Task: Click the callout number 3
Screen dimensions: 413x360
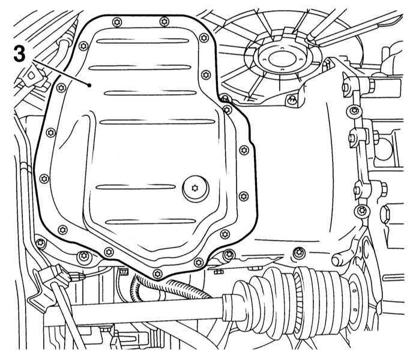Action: [19, 54]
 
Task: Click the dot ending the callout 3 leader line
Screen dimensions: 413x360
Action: [89, 85]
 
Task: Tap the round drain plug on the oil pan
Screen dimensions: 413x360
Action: [196, 188]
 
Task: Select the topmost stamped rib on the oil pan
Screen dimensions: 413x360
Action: [142, 41]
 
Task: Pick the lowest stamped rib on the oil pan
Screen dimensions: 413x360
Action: [151, 221]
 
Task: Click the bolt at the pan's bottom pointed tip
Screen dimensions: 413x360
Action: [157, 274]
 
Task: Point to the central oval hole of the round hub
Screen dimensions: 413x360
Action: [281, 58]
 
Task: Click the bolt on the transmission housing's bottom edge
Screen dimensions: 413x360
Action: [299, 253]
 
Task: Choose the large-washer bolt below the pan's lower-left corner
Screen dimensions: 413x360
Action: [84, 256]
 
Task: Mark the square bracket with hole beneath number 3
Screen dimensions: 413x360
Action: [31, 76]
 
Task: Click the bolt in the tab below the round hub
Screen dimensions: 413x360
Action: [291, 100]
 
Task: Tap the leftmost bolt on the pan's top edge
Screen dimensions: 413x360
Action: [117, 22]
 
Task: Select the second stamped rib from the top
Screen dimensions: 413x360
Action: [140, 68]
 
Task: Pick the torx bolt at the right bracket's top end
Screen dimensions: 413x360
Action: [354, 110]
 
